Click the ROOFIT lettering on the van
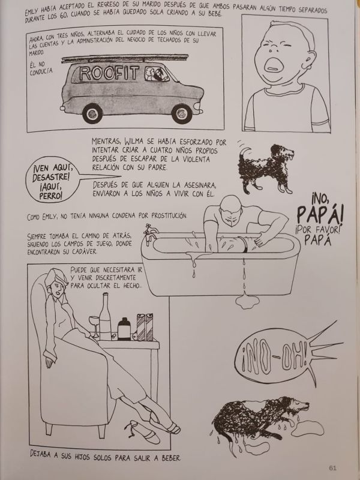109,73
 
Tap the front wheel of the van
182,113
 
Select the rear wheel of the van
92,113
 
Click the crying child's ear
311,61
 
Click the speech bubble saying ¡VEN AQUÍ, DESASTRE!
52,179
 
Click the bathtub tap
150,233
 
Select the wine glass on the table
94,326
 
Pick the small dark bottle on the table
124,329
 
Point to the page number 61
333,468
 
